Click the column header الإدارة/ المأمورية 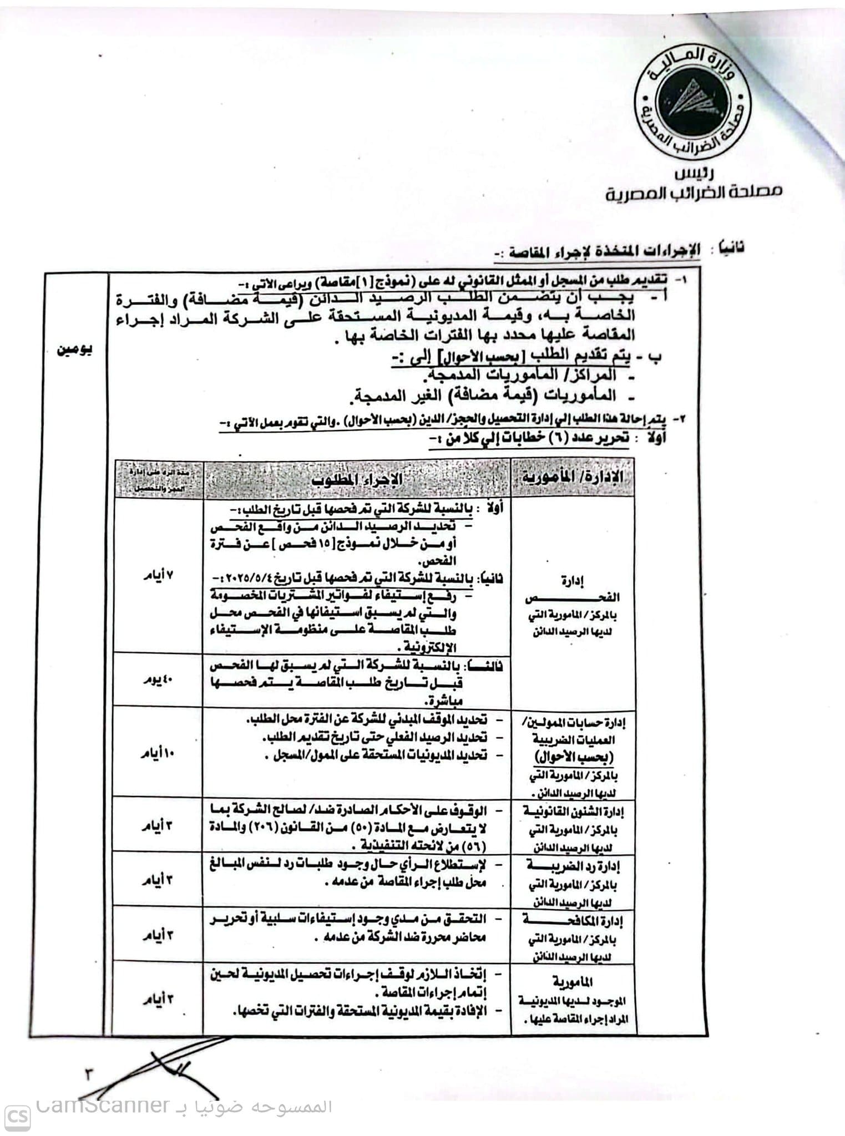(572, 477)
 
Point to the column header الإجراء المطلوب (357, 478)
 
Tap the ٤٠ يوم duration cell (158, 680)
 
